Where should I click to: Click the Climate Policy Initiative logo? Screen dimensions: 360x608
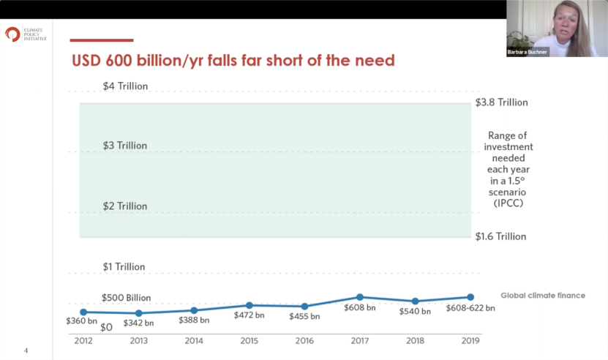[13, 34]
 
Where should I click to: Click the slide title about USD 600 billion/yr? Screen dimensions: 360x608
[232, 60]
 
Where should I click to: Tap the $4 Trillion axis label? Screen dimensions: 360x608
[125, 86]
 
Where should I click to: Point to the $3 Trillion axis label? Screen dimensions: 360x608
[125, 146]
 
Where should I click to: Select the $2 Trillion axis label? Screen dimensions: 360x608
[125, 206]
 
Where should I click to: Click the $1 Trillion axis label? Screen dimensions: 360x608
[123, 267]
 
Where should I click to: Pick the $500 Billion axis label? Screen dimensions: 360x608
[126, 298]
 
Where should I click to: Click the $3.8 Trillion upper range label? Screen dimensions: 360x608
[501, 102]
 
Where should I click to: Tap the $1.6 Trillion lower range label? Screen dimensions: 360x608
[501, 236]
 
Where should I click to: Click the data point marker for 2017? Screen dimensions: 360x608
[360, 297]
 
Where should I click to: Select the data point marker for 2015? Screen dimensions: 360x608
[249, 305]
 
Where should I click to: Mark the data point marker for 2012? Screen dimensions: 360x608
[83, 312]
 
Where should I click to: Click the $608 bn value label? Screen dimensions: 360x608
[360, 308]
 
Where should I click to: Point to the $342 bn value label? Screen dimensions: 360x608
[138, 323]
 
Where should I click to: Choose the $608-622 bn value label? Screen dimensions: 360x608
[470, 308]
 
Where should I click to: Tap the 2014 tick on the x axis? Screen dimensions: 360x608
[193, 340]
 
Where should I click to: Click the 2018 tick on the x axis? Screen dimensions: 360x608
[415, 340]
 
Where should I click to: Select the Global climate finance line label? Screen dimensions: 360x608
[542, 296]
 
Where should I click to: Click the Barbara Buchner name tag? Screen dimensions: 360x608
[528, 52]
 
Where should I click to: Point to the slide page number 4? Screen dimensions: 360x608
[26, 350]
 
